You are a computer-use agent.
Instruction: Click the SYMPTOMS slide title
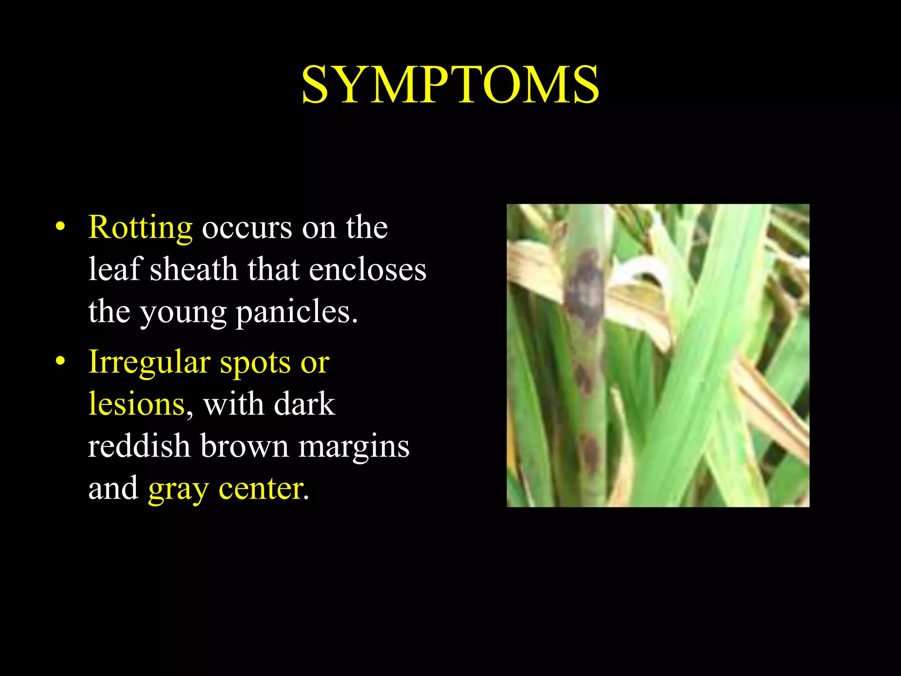tap(450, 84)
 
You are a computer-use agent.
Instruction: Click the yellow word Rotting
tap(140, 228)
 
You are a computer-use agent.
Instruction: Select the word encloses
tap(367, 269)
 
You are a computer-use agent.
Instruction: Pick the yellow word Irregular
tap(149, 362)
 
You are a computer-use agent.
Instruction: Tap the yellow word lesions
tap(136, 404)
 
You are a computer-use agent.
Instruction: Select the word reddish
tap(139, 446)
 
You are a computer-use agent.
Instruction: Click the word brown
tap(244, 446)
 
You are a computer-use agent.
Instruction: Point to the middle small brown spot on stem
tap(584, 378)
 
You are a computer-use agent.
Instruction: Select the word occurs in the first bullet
tap(247, 228)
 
